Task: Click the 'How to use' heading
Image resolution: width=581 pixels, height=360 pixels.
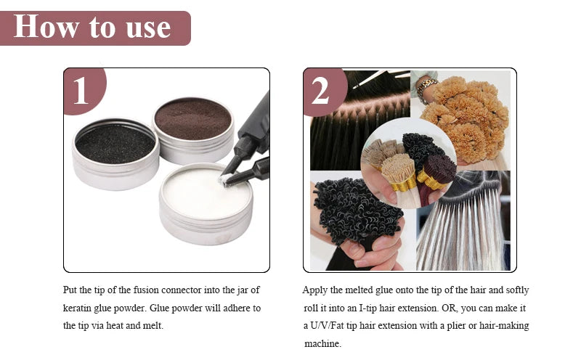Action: [x=92, y=27]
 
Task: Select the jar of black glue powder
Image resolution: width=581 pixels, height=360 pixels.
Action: [x=115, y=154]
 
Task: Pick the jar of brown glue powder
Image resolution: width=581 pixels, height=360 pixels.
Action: [x=193, y=130]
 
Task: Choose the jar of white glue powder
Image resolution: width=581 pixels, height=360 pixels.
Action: [x=206, y=203]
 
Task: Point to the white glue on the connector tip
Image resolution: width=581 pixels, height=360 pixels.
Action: [x=224, y=179]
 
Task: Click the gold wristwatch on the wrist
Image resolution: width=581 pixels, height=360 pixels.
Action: [x=426, y=89]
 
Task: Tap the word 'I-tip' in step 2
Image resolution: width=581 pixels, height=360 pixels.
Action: [x=367, y=308]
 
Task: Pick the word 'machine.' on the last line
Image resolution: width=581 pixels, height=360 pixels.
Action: [x=322, y=344]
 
